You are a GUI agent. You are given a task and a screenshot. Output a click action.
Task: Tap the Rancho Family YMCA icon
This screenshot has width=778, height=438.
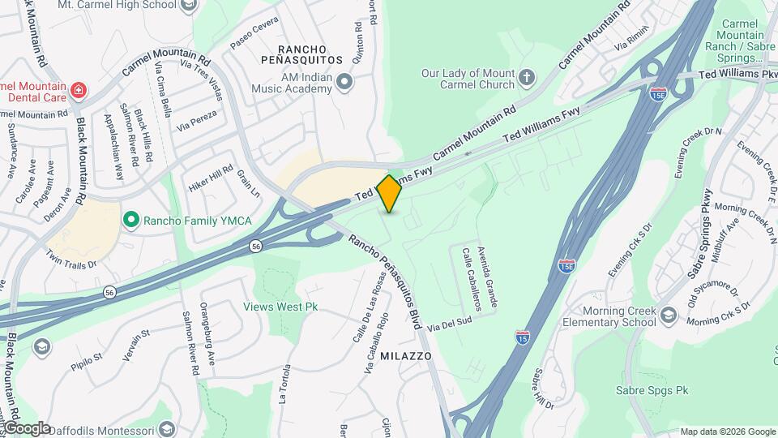(x=130, y=220)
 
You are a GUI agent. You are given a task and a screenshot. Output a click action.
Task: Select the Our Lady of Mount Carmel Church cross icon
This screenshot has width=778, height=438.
(x=527, y=78)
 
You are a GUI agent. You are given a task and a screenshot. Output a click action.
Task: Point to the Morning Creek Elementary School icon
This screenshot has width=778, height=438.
(x=668, y=315)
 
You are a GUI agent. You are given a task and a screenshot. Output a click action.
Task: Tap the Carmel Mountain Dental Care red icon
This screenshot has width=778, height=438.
(x=79, y=89)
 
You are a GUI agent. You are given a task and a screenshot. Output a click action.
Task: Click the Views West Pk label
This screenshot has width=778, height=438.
(x=280, y=307)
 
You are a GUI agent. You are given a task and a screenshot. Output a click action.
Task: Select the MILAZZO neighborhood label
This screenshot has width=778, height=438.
(x=404, y=356)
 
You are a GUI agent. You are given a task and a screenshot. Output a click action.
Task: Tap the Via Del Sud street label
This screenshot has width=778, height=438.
(x=450, y=323)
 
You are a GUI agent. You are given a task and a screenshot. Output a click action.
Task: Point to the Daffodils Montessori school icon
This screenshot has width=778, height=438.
(x=167, y=427)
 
